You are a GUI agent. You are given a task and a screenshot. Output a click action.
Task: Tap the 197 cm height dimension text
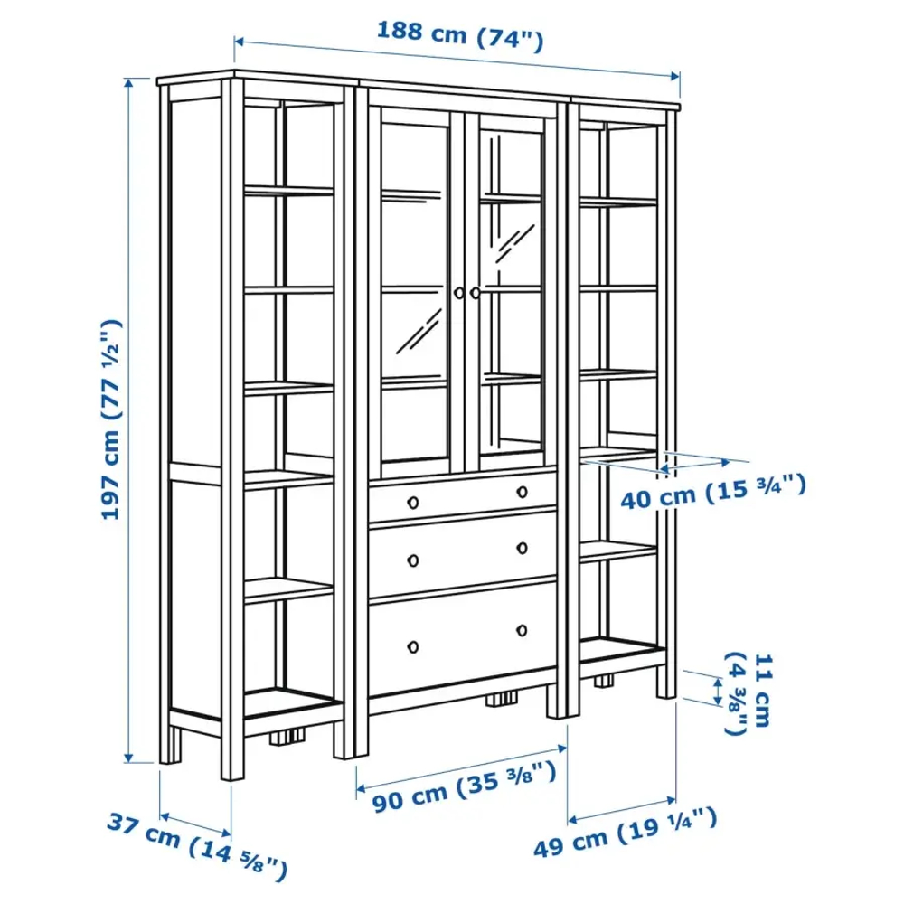(110, 419)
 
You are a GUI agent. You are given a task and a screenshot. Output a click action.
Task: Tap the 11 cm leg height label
(749, 693)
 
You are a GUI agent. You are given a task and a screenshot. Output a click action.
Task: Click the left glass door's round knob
(459, 293)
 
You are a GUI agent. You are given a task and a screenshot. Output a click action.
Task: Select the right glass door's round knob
(476, 293)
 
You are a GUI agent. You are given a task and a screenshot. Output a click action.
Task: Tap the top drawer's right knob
(523, 492)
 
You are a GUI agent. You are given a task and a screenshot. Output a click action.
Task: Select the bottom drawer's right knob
(523, 630)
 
